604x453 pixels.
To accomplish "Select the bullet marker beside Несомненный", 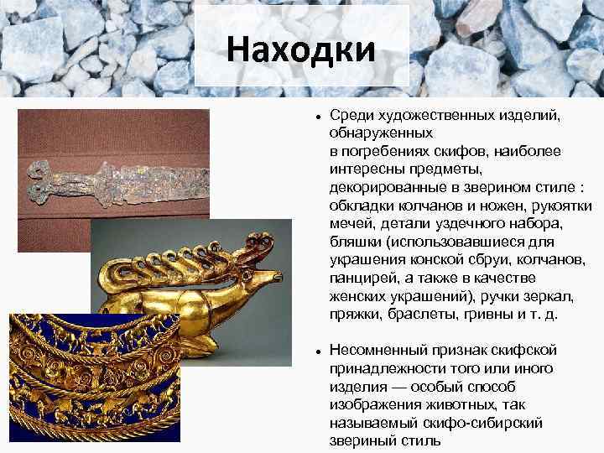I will click(x=311, y=348).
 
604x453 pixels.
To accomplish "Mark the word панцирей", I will click(x=362, y=278).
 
